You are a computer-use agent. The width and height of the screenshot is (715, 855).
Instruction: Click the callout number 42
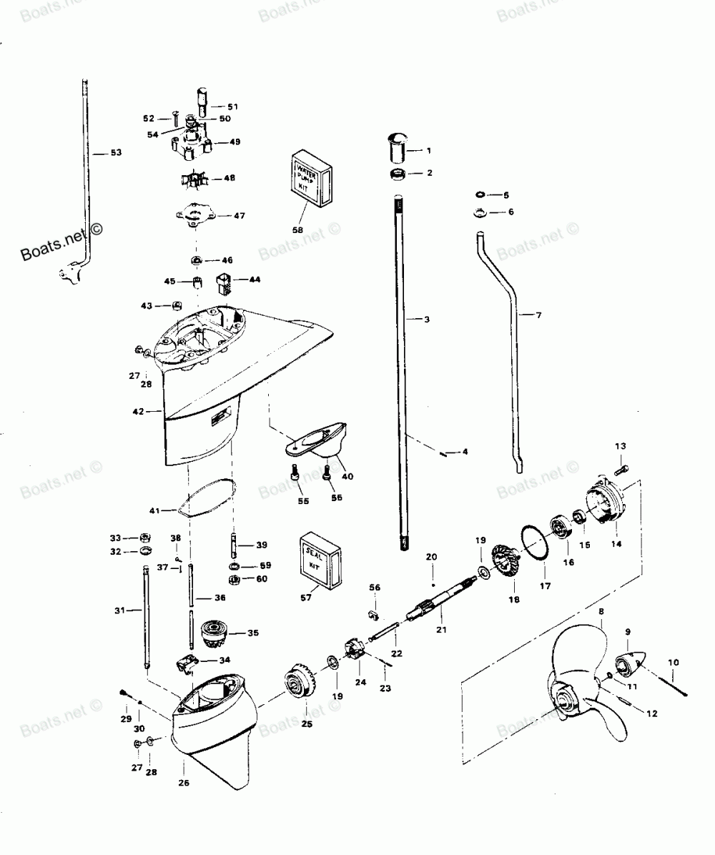click(138, 411)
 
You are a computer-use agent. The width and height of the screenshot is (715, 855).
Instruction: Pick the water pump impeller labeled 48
click(192, 178)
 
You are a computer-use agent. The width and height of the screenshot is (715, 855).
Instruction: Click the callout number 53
click(117, 152)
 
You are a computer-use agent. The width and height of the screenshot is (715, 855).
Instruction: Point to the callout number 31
click(119, 610)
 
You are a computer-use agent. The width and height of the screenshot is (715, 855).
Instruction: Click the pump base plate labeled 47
click(193, 215)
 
